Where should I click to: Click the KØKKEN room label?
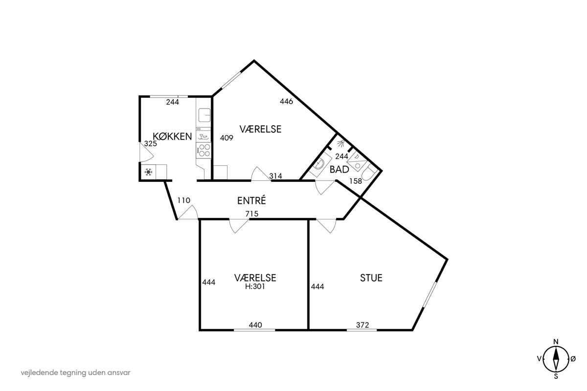172,136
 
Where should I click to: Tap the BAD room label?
339,170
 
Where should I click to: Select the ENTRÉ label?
251,200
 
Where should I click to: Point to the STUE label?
371,278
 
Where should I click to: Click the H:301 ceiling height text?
255,286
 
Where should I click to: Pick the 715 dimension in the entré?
252,214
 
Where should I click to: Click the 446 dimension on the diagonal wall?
286,101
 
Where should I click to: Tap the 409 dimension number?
226,138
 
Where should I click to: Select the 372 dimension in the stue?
362,325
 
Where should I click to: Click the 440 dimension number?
255,325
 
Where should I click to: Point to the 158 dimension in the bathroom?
356,181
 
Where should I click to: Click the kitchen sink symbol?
204,115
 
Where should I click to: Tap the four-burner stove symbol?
204,150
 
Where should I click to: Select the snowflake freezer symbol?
148,172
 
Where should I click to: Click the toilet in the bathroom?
369,173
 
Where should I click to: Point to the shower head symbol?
340,143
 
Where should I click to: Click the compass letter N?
556,342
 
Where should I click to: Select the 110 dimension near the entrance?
184,200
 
